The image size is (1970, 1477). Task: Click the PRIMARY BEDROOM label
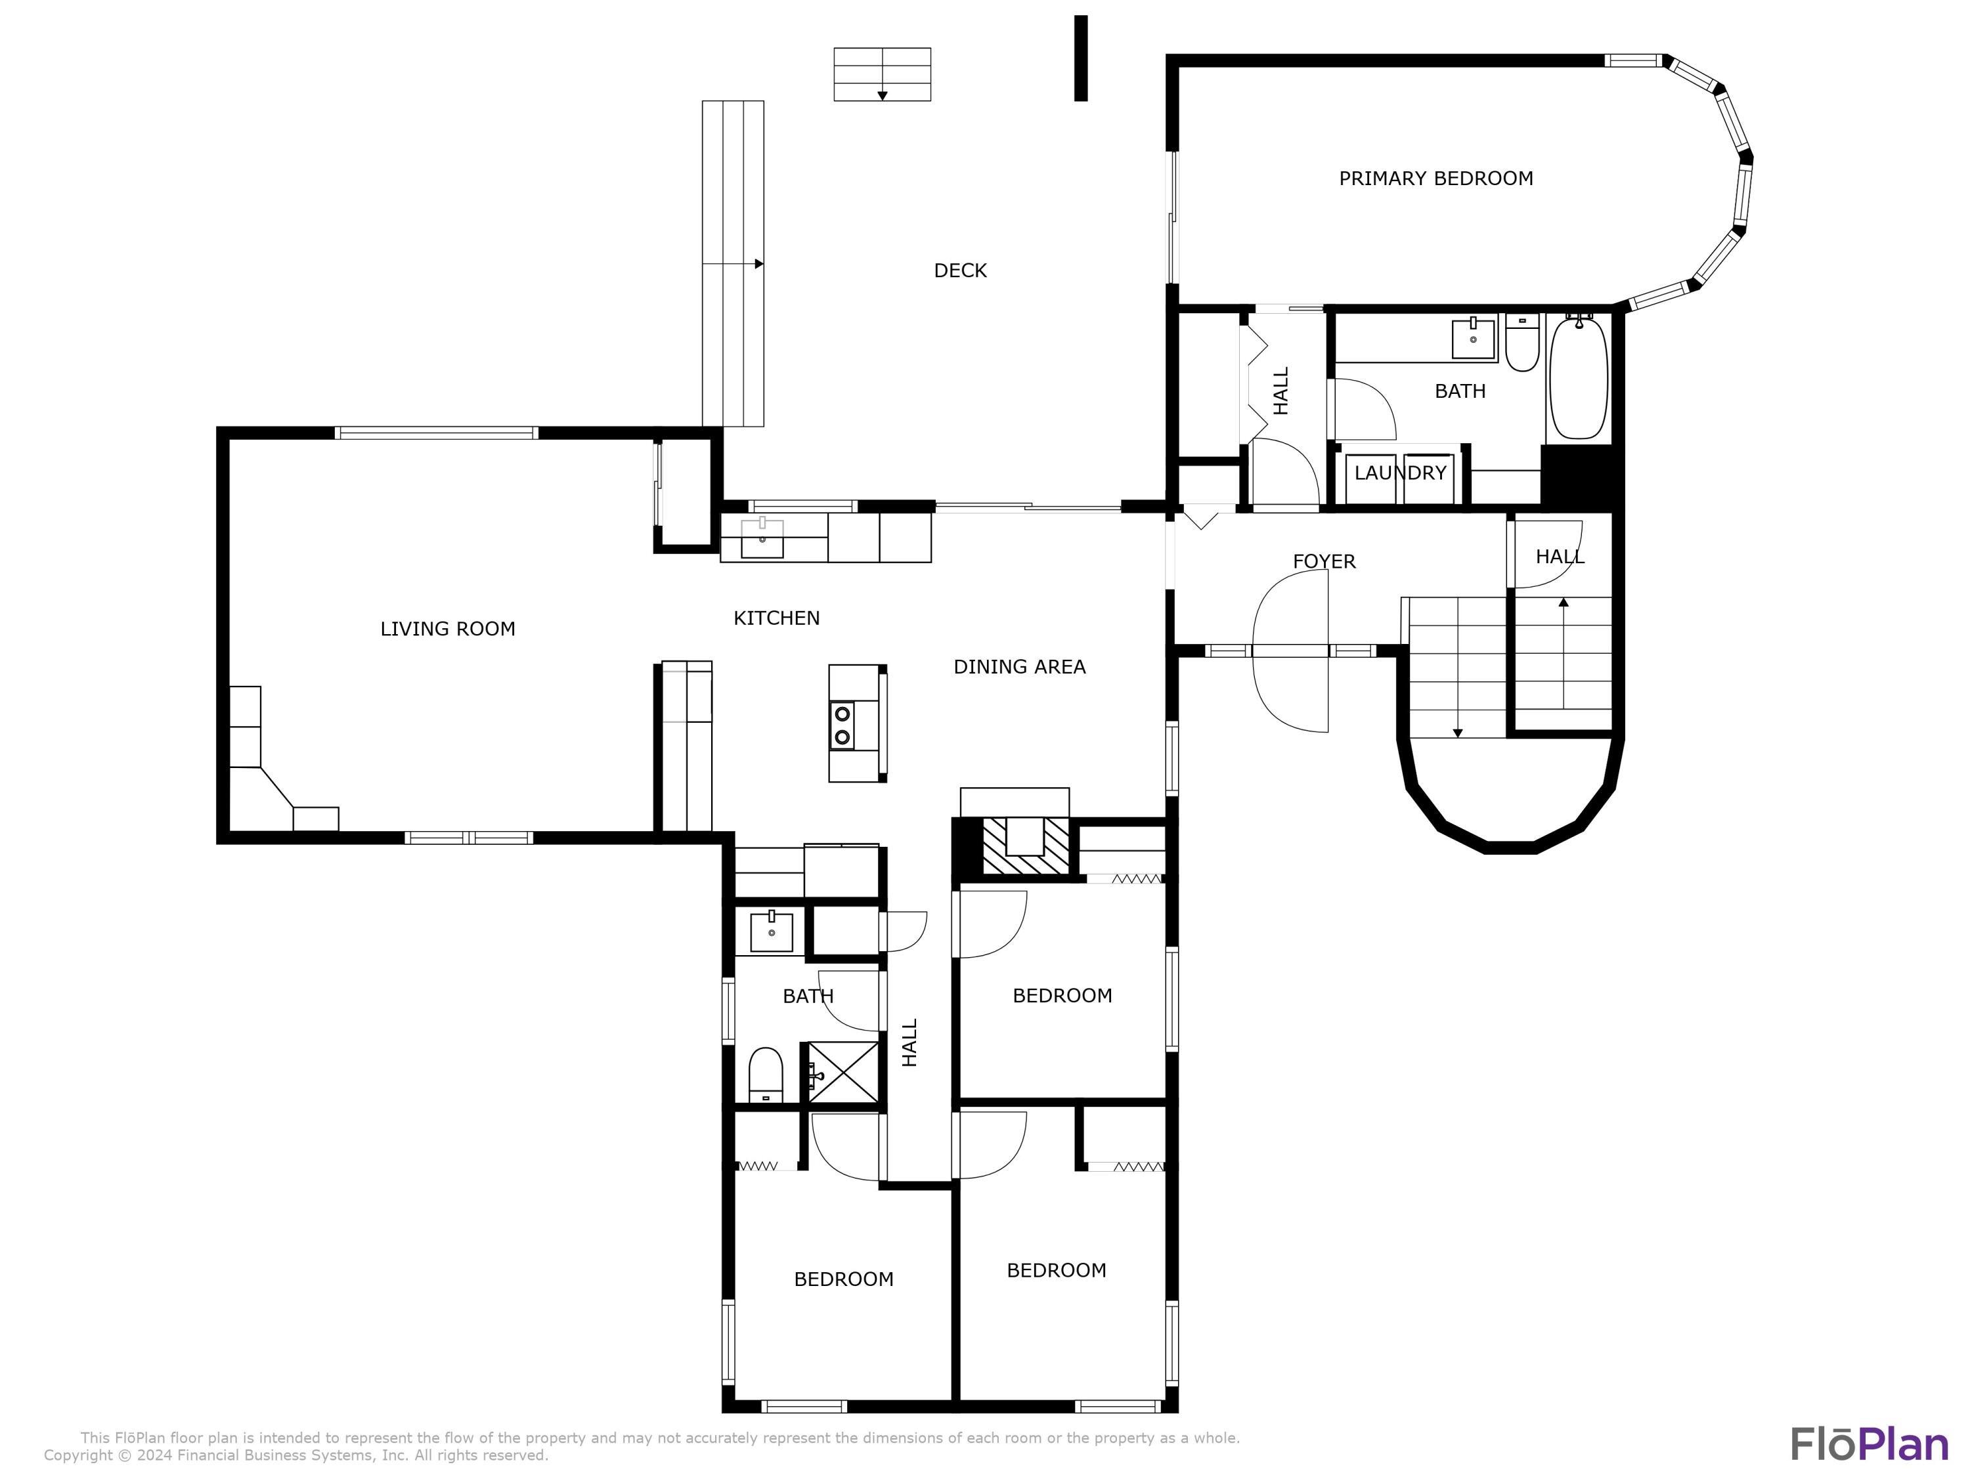pyautogui.click(x=1435, y=178)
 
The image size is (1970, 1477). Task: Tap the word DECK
pyautogui.click(x=960, y=270)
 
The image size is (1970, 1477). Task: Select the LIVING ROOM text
pyautogui.click(x=447, y=629)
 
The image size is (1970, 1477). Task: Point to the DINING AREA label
pyautogui.click(x=1019, y=667)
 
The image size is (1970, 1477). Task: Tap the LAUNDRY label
pyautogui.click(x=1400, y=473)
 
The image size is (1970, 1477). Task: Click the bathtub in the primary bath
pyautogui.click(x=1578, y=377)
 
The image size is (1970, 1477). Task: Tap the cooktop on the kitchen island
pyautogui.click(x=842, y=725)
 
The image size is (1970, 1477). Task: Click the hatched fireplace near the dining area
pyautogui.click(x=1025, y=846)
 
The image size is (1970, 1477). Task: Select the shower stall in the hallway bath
pyautogui.click(x=843, y=1073)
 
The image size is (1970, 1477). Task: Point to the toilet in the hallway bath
pyautogui.click(x=766, y=1075)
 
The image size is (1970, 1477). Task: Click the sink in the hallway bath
pyautogui.click(x=772, y=932)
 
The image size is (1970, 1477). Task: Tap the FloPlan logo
pyautogui.click(x=1868, y=1444)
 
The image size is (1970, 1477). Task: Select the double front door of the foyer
pyautogui.click(x=1292, y=651)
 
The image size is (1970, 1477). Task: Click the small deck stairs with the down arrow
pyautogui.click(x=882, y=74)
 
